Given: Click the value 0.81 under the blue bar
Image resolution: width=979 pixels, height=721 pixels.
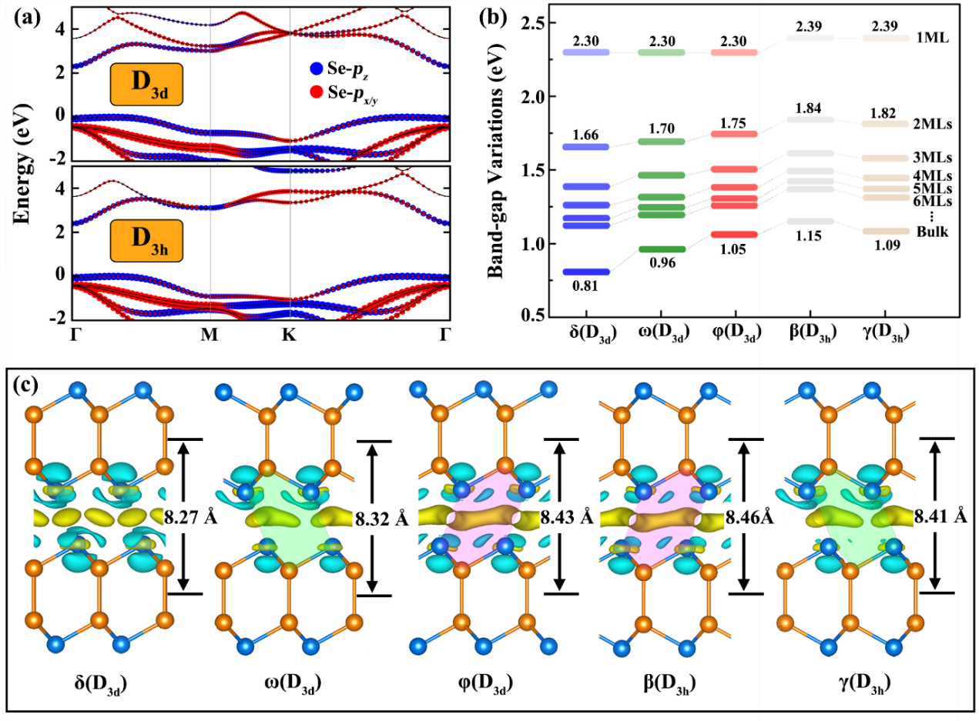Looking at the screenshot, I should [x=586, y=285].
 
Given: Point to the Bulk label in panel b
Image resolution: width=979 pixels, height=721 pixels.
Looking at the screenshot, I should [x=934, y=231].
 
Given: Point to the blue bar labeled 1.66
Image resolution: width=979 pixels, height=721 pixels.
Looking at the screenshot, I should [x=586, y=146].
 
